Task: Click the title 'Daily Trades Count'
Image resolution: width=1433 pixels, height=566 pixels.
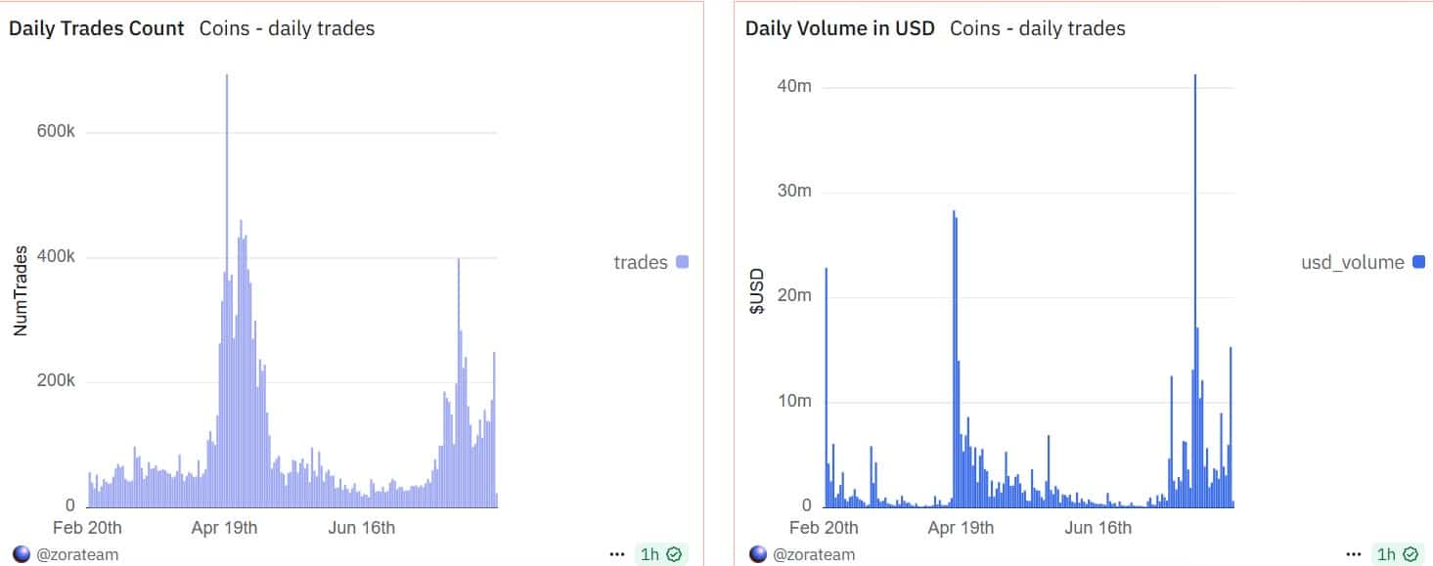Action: [96, 28]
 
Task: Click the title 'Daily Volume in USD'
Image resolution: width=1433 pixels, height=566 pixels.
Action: [839, 28]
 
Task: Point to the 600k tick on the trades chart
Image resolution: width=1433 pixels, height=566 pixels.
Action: [57, 133]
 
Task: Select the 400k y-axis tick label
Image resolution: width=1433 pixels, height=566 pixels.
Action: [57, 257]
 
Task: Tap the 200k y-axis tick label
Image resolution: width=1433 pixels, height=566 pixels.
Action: [57, 381]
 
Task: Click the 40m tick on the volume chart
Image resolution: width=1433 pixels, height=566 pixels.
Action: [792, 86]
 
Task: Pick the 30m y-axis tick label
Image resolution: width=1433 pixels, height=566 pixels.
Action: [792, 191]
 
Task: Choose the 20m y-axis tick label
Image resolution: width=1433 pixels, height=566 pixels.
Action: [792, 296]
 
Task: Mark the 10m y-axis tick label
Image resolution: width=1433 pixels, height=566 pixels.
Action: [792, 401]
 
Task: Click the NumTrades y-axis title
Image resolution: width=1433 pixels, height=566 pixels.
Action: [20, 291]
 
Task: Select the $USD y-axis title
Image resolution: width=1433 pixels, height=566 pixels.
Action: [756, 291]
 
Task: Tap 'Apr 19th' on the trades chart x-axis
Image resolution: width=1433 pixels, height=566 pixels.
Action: [224, 529]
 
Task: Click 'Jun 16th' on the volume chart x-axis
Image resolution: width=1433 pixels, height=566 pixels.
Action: [1097, 529]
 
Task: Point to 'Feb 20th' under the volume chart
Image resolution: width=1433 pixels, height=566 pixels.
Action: [824, 529]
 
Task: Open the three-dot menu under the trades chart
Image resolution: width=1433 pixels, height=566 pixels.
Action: [616, 554]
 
